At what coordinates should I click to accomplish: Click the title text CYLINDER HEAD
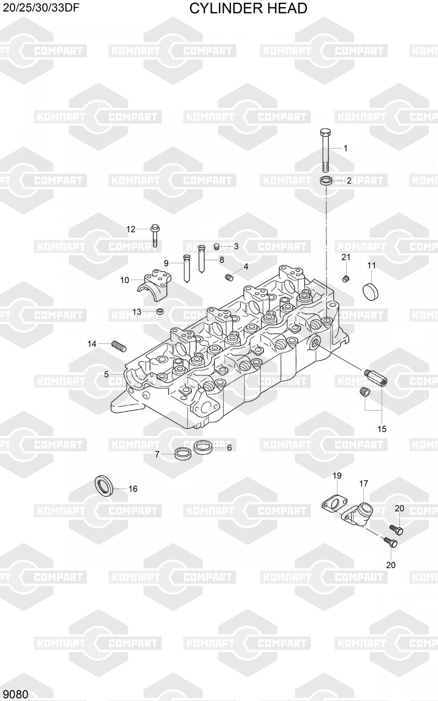pyautogui.click(x=248, y=8)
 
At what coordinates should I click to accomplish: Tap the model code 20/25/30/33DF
pyautogui.click(x=41, y=8)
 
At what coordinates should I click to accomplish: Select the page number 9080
pyautogui.click(x=15, y=694)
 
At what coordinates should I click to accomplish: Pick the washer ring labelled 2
pyautogui.click(x=326, y=182)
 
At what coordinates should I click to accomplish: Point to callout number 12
pyautogui.click(x=131, y=229)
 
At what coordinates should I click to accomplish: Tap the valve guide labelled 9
pyautogui.click(x=186, y=268)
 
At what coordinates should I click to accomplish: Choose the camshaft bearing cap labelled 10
pyautogui.click(x=154, y=285)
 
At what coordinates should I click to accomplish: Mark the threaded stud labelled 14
pyautogui.click(x=119, y=347)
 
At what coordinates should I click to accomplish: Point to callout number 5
pyautogui.click(x=106, y=374)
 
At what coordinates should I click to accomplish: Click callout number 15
pyautogui.click(x=382, y=429)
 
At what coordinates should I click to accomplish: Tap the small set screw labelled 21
pyautogui.click(x=346, y=279)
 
